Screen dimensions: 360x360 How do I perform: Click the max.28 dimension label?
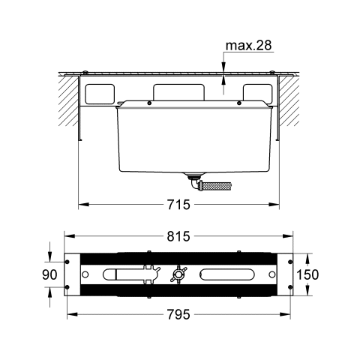click(x=248, y=46)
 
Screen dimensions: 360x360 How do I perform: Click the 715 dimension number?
click(x=178, y=205)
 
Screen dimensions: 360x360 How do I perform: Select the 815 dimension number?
click(x=178, y=236)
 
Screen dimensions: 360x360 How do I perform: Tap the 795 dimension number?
click(x=178, y=314)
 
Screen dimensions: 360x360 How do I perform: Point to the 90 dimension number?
click(x=49, y=274)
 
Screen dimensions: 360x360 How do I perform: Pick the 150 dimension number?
click(x=307, y=274)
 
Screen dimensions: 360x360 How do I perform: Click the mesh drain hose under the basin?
click(x=217, y=187)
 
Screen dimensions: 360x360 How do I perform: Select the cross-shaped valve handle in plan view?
click(x=178, y=274)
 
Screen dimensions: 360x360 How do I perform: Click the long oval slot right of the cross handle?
click(x=227, y=274)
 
